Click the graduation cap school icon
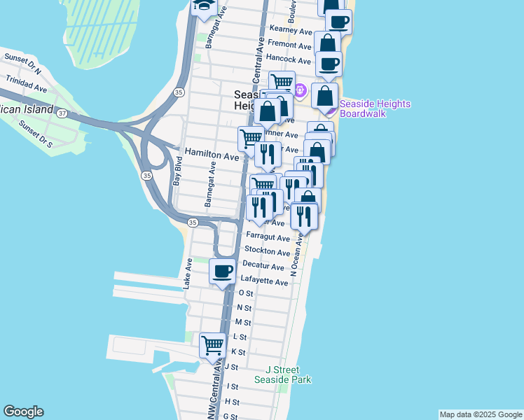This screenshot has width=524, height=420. (x=204, y=6)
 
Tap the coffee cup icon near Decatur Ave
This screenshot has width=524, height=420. (x=223, y=271)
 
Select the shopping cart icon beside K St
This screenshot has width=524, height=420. (x=212, y=345)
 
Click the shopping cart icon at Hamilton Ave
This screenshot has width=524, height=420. (x=251, y=137)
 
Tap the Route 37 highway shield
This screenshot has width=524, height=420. (x=62, y=113)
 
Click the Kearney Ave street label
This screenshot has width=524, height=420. (x=291, y=31)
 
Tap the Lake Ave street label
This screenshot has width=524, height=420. (x=188, y=274)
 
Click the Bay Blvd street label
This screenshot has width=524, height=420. (x=177, y=175)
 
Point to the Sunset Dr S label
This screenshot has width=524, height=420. (x=36, y=134)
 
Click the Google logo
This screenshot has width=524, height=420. (x=23, y=412)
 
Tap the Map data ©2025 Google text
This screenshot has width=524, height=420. (x=480, y=414)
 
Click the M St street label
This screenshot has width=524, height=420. (x=243, y=322)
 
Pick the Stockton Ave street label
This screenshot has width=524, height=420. (x=267, y=252)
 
